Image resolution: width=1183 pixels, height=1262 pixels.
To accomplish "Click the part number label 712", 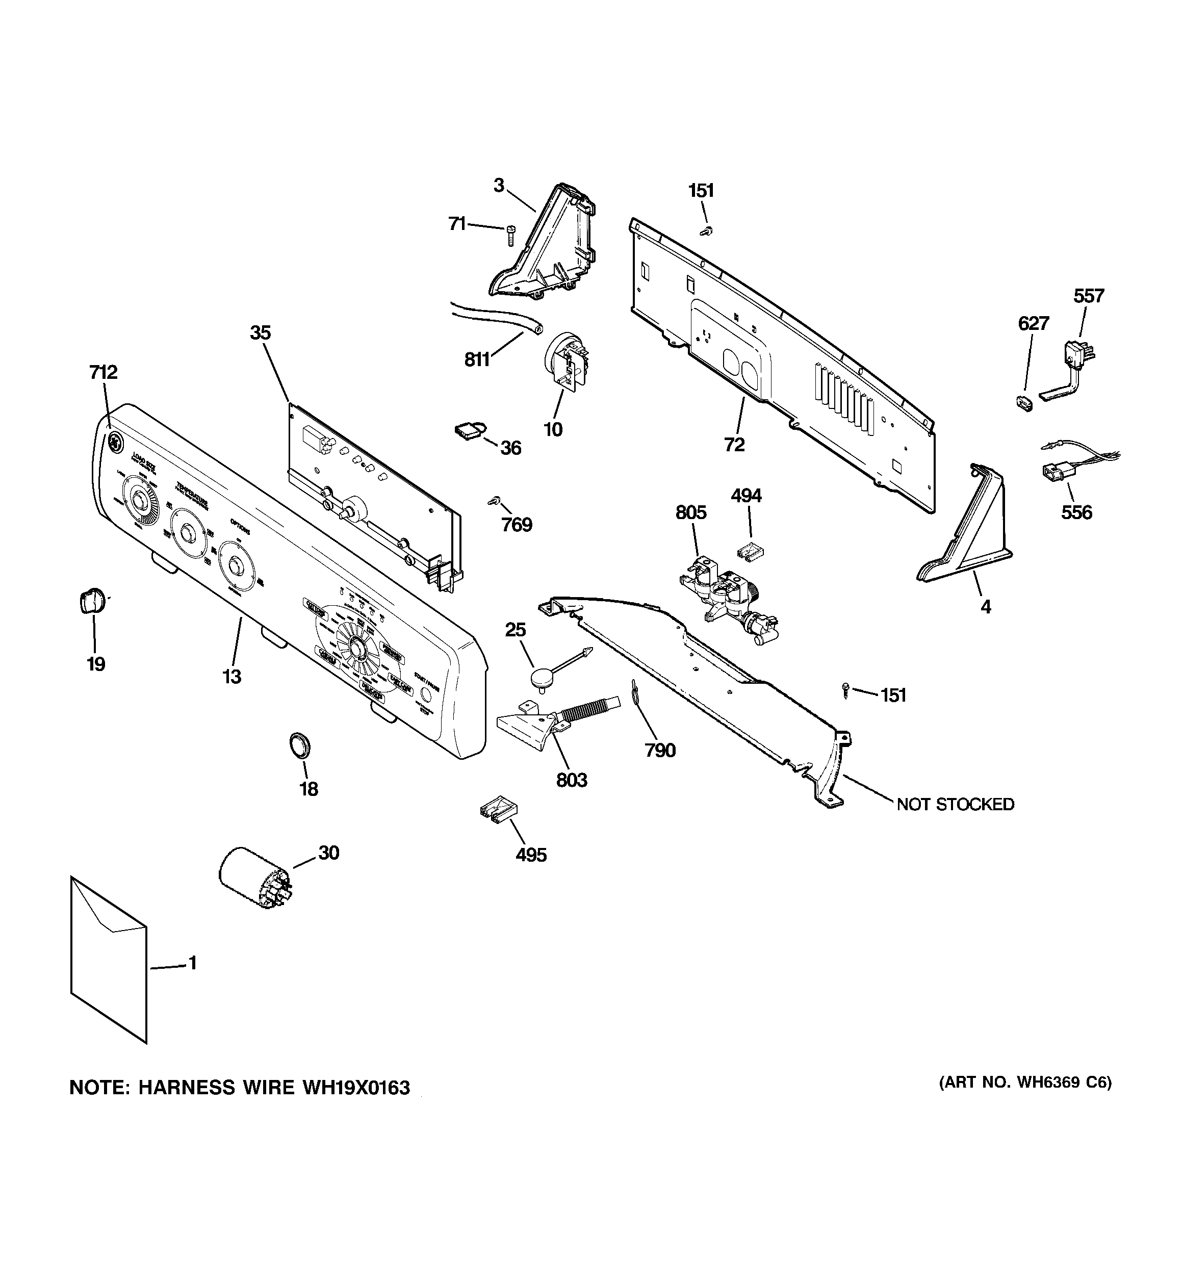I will click(103, 372).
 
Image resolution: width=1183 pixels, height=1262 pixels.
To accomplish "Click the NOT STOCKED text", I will click(955, 804).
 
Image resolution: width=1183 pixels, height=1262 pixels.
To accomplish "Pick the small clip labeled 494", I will click(750, 551).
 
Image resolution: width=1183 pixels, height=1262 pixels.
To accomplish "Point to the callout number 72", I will click(734, 445).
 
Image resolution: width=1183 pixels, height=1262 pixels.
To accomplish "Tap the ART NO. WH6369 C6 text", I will click(1025, 1083).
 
